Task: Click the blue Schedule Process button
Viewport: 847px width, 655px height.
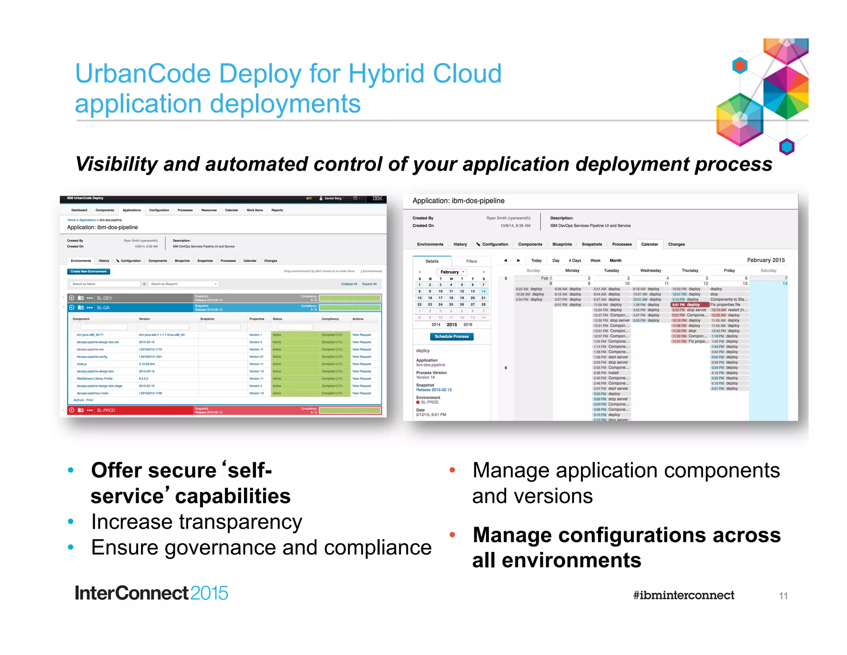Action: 452,337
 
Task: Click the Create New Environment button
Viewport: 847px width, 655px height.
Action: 89,272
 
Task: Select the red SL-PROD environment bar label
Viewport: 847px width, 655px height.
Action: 106,410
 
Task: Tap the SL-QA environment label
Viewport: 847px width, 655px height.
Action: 103,308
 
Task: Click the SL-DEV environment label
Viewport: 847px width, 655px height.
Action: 104,298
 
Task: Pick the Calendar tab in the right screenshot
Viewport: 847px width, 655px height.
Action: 649,244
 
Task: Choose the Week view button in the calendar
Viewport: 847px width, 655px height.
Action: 595,260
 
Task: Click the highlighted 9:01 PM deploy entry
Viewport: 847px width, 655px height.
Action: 690,305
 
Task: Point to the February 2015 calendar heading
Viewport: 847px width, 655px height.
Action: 766,260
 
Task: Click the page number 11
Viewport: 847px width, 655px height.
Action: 783,596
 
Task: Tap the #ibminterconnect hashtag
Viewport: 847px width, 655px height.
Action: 683,595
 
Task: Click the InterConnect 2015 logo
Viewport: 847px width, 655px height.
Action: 151,593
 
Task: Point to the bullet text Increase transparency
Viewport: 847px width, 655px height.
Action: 196,522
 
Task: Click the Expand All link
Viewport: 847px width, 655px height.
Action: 369,284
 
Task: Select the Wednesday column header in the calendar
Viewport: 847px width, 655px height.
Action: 651,271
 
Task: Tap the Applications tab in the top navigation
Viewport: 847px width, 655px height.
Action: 132,210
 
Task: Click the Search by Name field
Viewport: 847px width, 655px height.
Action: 105,284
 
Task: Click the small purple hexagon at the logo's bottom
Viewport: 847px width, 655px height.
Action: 787,147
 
